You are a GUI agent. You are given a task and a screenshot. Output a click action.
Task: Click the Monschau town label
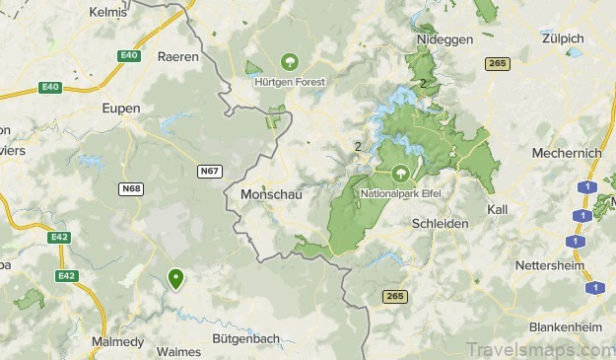(x=270, y=195)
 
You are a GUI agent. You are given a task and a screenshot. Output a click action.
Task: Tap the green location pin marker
(x=175, y=279)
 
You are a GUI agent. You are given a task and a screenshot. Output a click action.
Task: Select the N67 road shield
(x=208, y=171)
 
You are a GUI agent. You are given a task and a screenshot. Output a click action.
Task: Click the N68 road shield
(x=131, y=188)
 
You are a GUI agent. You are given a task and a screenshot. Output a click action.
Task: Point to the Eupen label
(x=121, y=108)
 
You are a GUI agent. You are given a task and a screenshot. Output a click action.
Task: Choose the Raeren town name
(x=177, y=57)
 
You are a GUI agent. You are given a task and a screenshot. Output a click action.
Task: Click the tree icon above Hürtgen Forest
(x=289, y=60)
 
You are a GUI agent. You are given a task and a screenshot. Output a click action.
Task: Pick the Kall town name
(x=498, y=210)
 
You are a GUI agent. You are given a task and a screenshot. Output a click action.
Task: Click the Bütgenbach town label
(x=246, y=338)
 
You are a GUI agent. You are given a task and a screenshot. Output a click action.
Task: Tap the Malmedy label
(x=117, y=342)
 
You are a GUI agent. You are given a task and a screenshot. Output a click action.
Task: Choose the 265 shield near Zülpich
(x=497, y=63)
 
